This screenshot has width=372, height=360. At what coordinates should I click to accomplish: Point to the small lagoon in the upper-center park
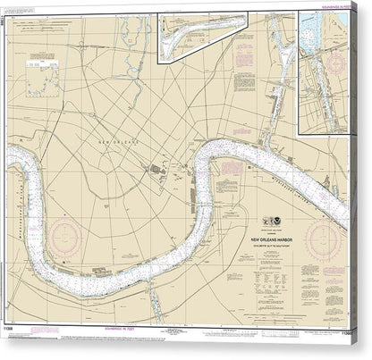134,71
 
